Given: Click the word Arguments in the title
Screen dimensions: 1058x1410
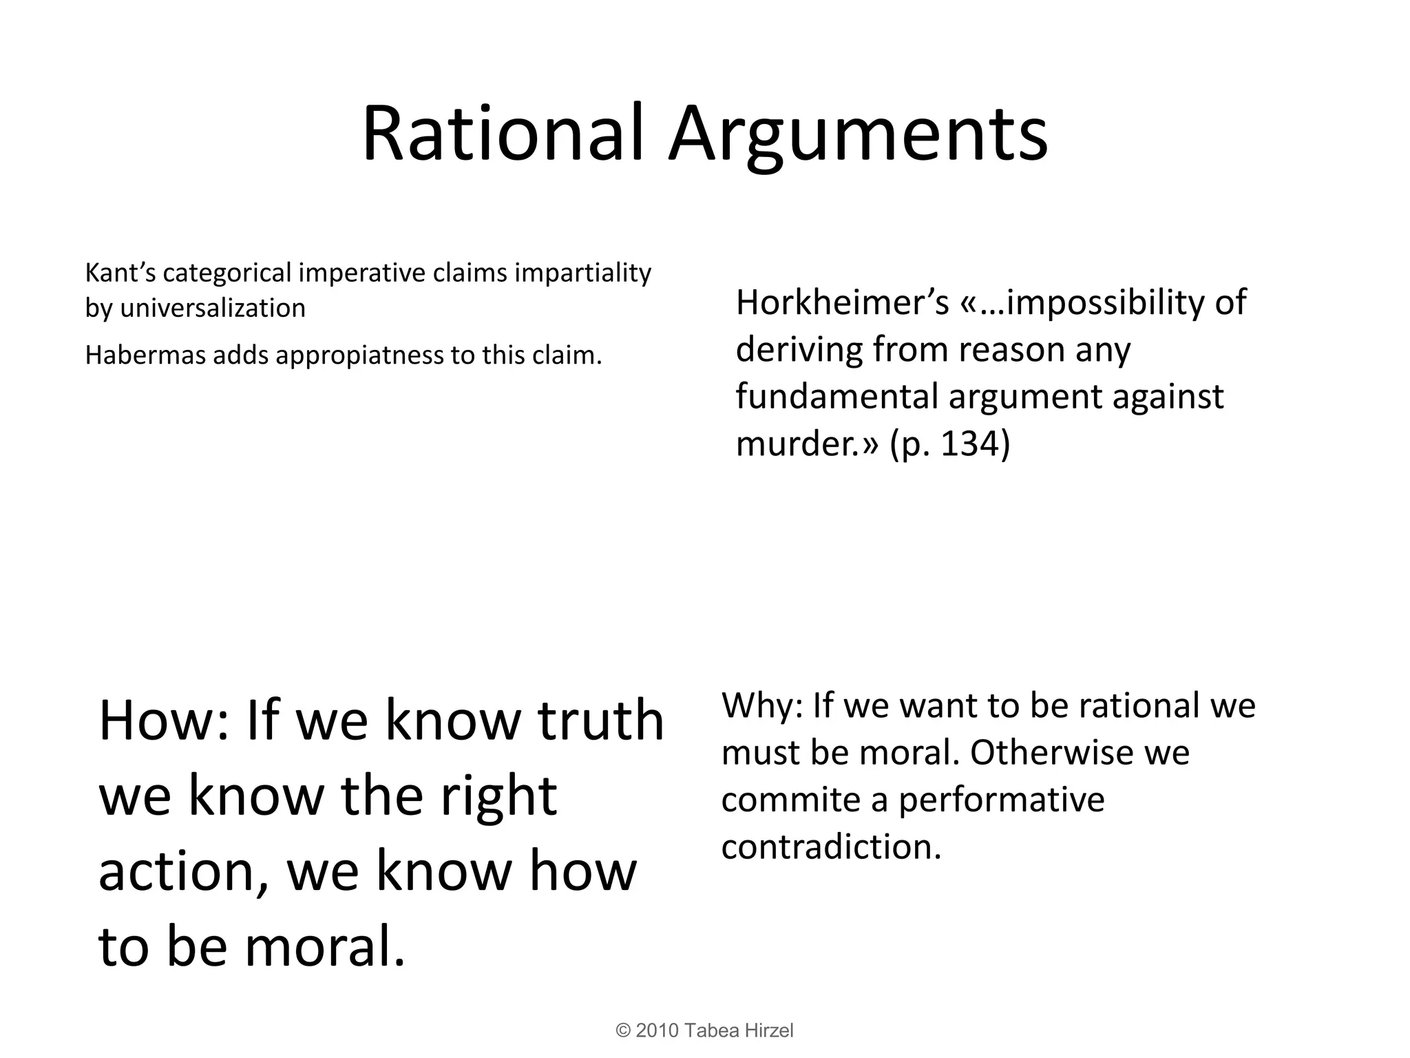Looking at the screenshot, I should coord(858,134).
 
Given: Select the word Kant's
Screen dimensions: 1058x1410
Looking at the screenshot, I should coord(119,273).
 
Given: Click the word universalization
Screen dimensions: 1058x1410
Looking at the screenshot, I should coord(213,308).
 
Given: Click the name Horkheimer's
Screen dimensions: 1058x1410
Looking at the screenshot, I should coord(842,302).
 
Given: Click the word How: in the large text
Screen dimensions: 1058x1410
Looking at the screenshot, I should coord(163,720).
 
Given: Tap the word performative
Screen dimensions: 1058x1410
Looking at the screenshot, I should coord(1001,800).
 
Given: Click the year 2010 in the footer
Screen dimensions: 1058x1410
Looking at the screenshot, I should coord(657,1030).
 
